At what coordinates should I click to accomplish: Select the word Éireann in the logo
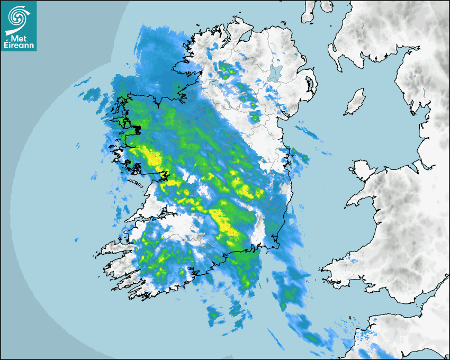pos(19,44)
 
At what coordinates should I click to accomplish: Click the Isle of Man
pos(355,102)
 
